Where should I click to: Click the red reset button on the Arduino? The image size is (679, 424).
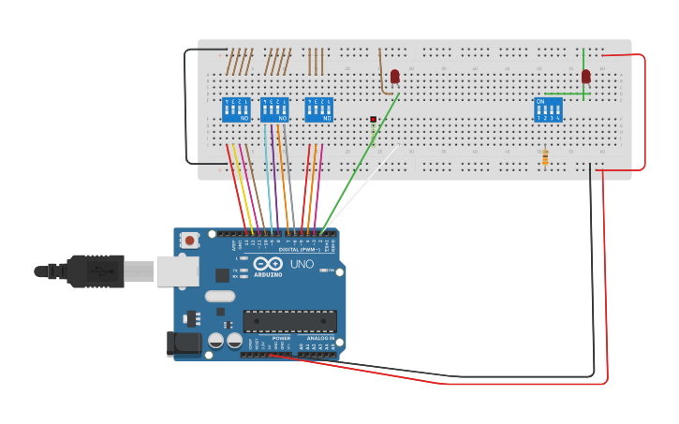[x=190, y=241]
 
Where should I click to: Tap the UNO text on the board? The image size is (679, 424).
[x=302, y=265]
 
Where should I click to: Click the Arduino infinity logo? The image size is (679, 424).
[x=268, y=264]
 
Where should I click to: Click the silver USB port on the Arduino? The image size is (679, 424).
[x=177, y=271]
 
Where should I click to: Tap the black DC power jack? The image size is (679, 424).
[x=184, y=344]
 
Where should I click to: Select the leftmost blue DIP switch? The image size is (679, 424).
[x=236, y=110]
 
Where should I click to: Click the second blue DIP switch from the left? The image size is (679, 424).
[x=274, y=110]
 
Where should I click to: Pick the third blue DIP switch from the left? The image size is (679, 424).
[x=319, y=110]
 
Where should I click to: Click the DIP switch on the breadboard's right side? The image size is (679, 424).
[x=548, y=110]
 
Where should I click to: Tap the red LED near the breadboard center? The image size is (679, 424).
[x=394, y=76]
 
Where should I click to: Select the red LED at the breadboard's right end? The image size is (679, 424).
[x=586, y=76]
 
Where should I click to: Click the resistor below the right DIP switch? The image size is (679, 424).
[x=545, y=157]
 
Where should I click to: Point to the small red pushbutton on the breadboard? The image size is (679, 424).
[x=373, y=120]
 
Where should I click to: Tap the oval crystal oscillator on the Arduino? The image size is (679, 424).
[x=219, y=297]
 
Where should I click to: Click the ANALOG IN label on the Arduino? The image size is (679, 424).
[x=319, y=339]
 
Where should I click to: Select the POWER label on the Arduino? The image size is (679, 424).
[x=281, y=339]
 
